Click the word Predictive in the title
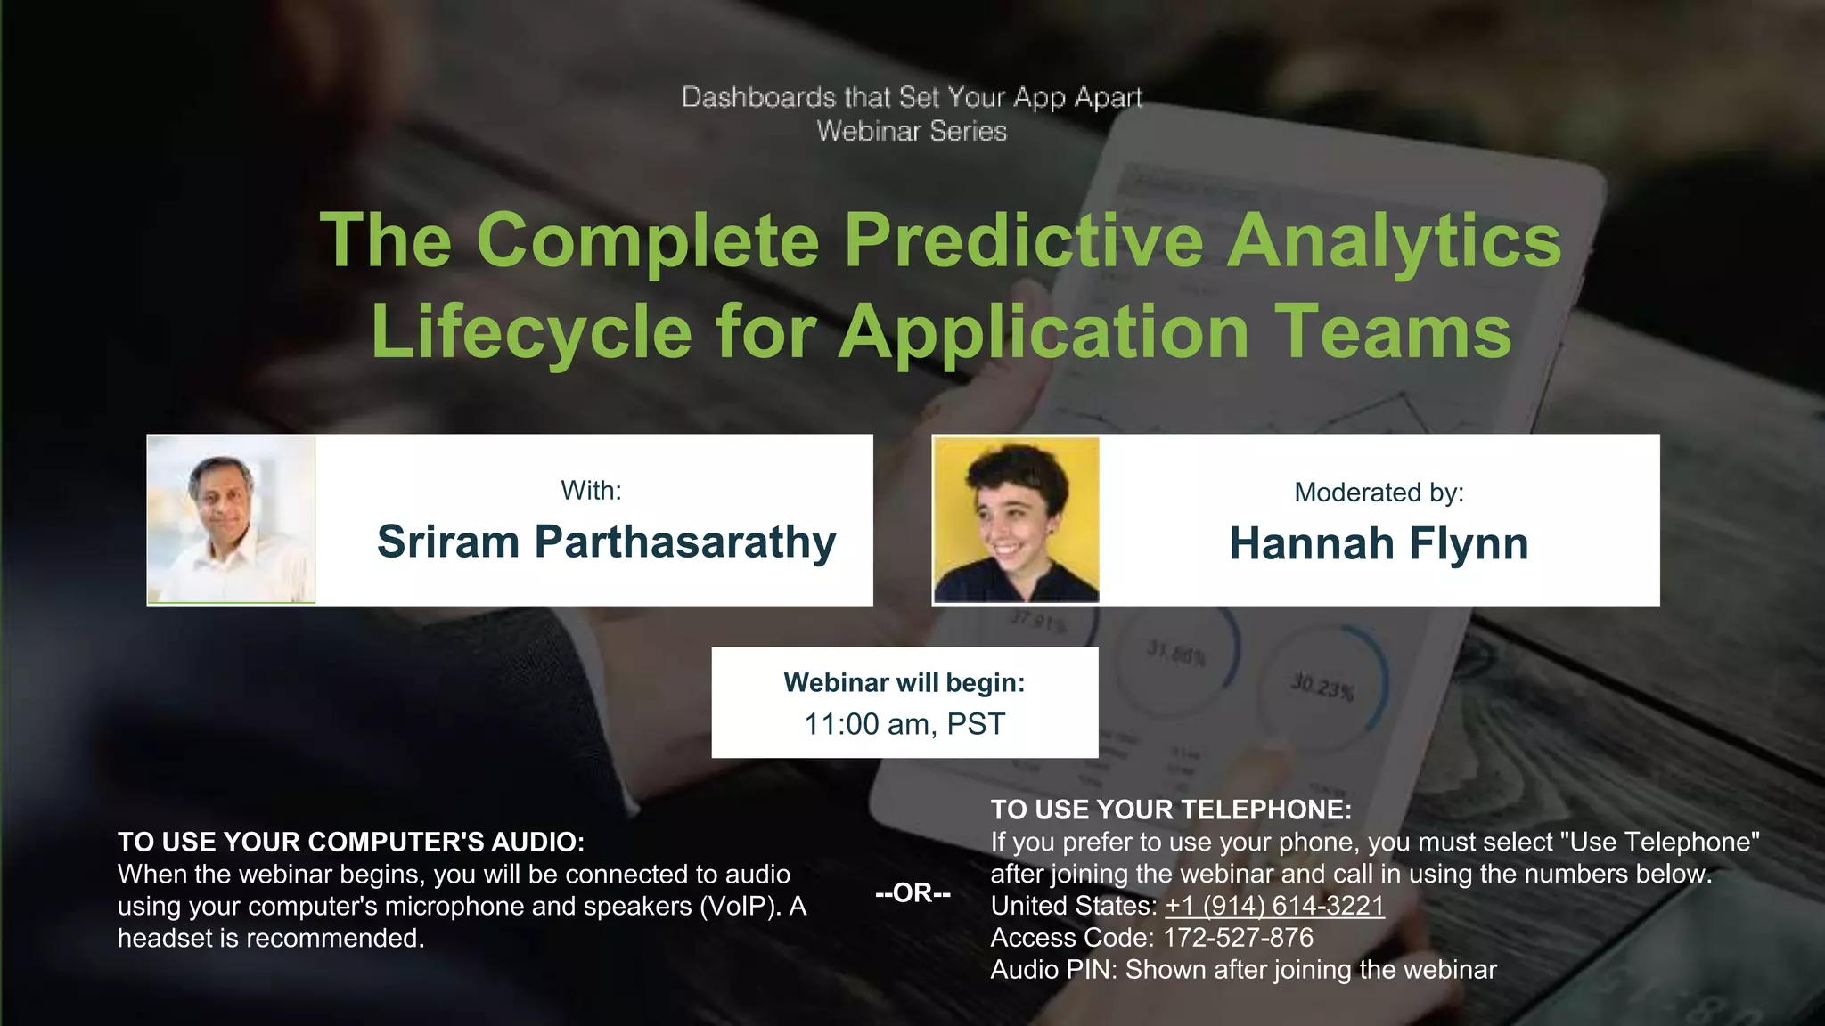[x=1023, y=240]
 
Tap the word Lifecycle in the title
[x=531, y=331]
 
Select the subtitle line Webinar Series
[x=912, y=131]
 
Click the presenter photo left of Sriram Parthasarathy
[x=231, y=519]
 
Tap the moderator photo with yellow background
[x=1016, y=519]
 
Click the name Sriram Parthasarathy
[x=606, y=541]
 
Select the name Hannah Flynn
[x=1379, y=543]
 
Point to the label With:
[x=591, y=490]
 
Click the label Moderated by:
[x=1379, y=492]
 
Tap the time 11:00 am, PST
[x=904, y=724]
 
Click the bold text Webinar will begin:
[x=904, y=682]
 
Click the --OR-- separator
[x=912, y=892]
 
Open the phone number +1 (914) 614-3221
[x=1274, y=906]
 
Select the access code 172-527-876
[x=1238, y=938]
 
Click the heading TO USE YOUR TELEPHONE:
[x=1171, y=810]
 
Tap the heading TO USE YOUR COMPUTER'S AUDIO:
[x=351, y=842]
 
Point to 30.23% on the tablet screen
[x=1322, y=687]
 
